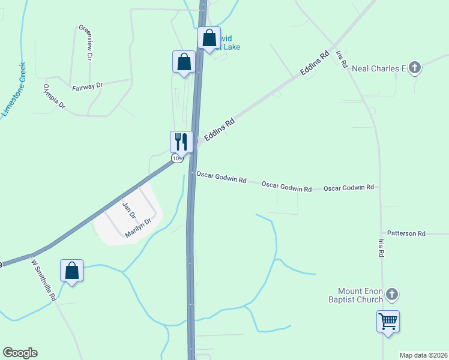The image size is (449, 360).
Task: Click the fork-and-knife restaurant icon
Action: click(x=181, y=142)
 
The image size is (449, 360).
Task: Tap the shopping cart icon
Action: click(x=388, y=321)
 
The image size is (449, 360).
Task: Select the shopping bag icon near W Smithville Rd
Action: click(x=71, y=271)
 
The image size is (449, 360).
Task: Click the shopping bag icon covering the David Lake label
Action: click(x=209, y=38)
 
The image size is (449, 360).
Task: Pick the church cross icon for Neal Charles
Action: click(x=415, y=67)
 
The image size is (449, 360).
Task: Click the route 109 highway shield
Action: click(x=176, y=158)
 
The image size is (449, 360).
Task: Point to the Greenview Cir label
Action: click(x=84, y=43)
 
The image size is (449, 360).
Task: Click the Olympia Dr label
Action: click(x=53, y=96)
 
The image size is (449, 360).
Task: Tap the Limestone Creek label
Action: click(x=14, y=90)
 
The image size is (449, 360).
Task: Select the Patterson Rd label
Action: click(x=406, y=233)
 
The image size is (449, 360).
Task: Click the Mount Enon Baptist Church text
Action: click(x=355, y=295)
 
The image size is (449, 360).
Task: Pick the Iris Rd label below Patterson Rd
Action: click(x=381, y=249)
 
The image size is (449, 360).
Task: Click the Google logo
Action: click(x=20, y=353)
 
